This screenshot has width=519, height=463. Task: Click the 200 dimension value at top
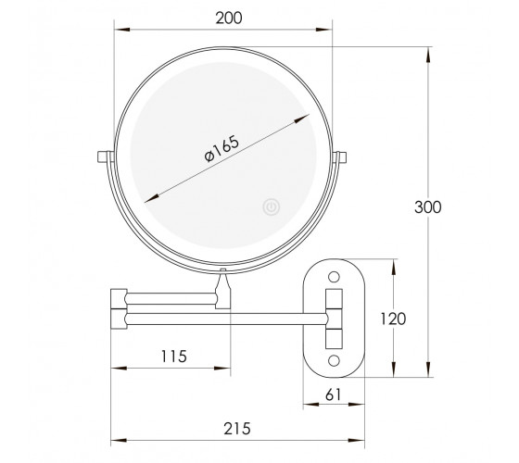click(x=229, y=18)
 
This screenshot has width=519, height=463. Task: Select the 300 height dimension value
click(x=427, y=207)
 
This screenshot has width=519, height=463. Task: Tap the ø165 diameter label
click(x=222, y=148)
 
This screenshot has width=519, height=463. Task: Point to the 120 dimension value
click(x=393, y=319)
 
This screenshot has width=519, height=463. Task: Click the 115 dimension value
click(x=174, y=357)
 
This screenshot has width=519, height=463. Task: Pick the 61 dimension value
click(x=333, y=394)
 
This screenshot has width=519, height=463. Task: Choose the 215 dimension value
click(x=237, y=429)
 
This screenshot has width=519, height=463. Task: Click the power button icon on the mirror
click(x=272, y=207)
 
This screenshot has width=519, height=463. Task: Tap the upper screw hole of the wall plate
click(x=334, y=277)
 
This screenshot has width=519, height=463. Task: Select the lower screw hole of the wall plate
click(x=334, y=360)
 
